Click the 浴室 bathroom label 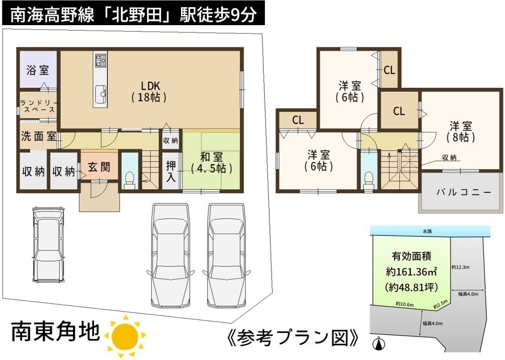pyautogui.click(x=37, y=70)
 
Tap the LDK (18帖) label pyautogui.click(x=149, y=91)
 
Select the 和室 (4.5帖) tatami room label pyautogui.click(x=211, y=163)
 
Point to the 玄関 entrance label pyautogui.click(x=99, y=167)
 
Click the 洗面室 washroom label pyautogui.click(x=38, y=136)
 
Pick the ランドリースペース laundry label pyautogui.click(x=38, y=106)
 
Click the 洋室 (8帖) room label pyautogui.click(x=461, y=132)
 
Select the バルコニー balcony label pyautogui.click(x=464, y=192)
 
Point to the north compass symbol pyautogui.click(x=379, y=344)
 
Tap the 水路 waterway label pyautogui.click(x=427, y=231)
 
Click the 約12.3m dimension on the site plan pyautogui.click(x=461, y=267)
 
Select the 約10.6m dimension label pyautogui.click(x=405, y=304)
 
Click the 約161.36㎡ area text pyautogui.click(x=411, y=272)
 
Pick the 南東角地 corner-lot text pyautogui.click(x=55, y=331)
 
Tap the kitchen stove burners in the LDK pyautogui.click(x=101, y=60)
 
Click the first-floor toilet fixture pyautogui.click(x=130, y=181)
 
